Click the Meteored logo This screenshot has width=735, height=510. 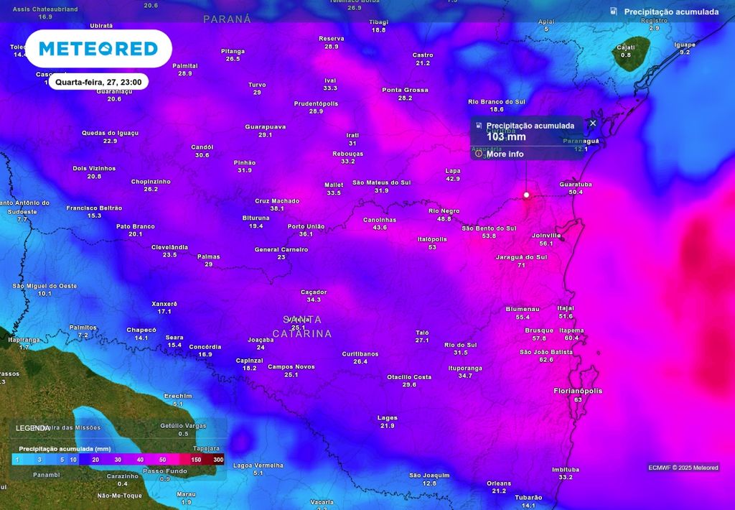pyautogui.click(x=98, y=49)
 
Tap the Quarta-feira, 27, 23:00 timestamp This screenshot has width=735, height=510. pyautogui.click(x=98, y=82)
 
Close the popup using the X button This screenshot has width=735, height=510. pyautogui.click(x=593, y=124)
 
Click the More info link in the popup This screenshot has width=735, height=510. pyautogui.click(x=505, y=154)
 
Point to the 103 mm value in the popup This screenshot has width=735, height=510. pyautogui.click(x=506, y=136)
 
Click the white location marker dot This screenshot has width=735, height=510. pyautogui.click(x=526, y=195)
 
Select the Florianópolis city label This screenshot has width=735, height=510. pyautogui.click(x=578, y=391)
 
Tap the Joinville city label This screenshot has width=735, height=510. pyautogui.click(x=546, y=235)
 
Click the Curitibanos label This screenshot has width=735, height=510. pyautogui.click(x=360, y=353)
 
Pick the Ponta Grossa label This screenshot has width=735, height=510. pyautogui.click(x=405, y=90)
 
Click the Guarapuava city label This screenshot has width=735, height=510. pyautogui.click(x=265, y=126)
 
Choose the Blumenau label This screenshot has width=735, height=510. pyautogui.click(x=522, y=308)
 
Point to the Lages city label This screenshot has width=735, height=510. pyautogui.click(x=387, y=417)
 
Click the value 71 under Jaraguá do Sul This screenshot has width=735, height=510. pyautogui.click(x=521, y=265)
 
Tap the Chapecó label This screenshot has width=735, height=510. pyautogui.click(x=141, y=330)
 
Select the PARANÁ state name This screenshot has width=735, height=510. pyautogui.click(x=227, y=19)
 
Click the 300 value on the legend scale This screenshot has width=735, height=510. pyautogui.click(x=218, y=459)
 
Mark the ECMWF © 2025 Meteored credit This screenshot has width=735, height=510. pyautogui.click(x=683, y=468)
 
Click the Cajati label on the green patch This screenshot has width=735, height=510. pyautogui.click(x=626, y=47)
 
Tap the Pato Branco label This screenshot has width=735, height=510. pyautogui.click(x=135, y=226)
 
